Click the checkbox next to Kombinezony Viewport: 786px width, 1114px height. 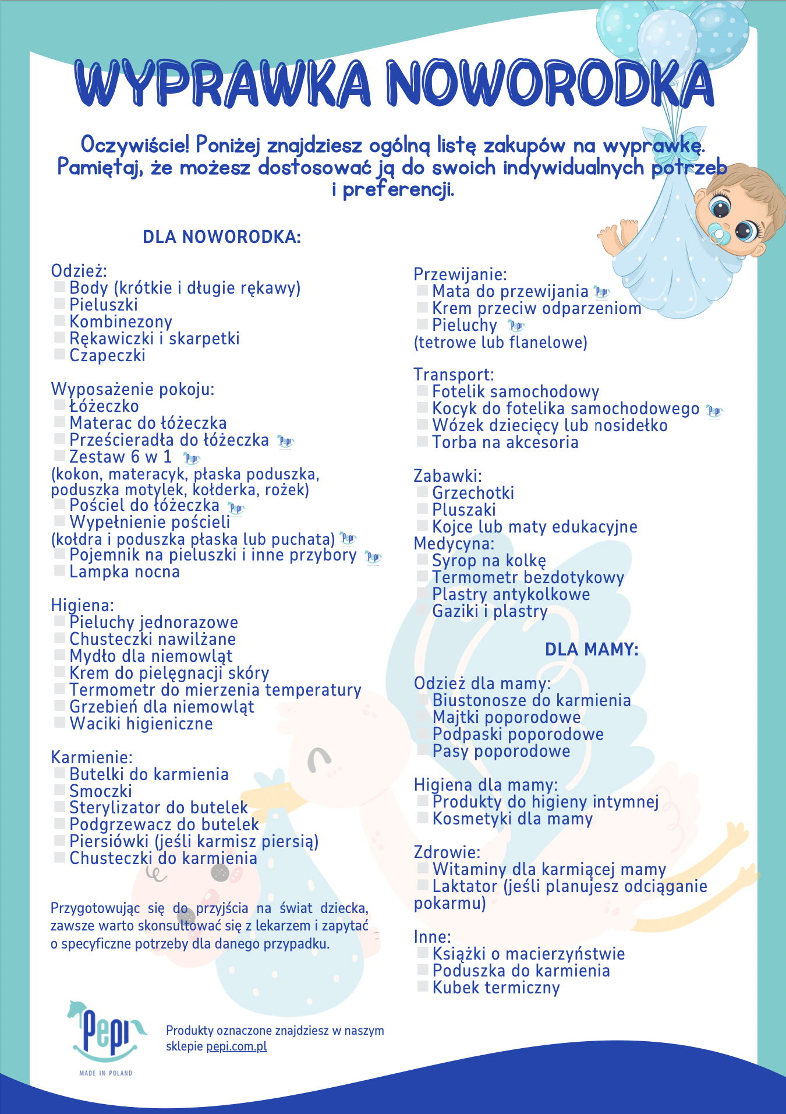click(x=59, y=320)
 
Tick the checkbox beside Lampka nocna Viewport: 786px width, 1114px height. click(x=59, y=570)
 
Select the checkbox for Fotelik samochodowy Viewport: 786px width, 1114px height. click(x=422, y=390)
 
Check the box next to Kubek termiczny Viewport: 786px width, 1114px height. click(x=423, y=986)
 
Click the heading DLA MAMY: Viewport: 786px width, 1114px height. click(x=592, y=649)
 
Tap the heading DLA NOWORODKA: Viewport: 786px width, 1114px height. click(x=222, y=237)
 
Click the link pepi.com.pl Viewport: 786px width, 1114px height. click(x=236, y=1046)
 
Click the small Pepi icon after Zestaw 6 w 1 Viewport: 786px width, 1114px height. click(x=192, y=458)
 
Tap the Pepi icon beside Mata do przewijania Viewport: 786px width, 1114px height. click(x=601, y=292)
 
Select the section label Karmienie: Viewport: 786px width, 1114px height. click(x=92, y=757)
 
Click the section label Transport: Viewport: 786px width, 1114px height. click(x=454, y=374)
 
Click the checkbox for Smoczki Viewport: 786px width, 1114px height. click(x=59, y=790)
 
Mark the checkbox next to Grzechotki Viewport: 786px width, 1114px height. click(x=422, y=492)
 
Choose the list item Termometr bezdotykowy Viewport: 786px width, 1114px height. click(x=527, y=577)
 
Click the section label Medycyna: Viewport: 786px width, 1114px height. click(x=454, y=544)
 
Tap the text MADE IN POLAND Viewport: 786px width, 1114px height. click(x=105, y=1073)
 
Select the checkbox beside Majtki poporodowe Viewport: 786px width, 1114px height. click(x=423, y=716)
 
